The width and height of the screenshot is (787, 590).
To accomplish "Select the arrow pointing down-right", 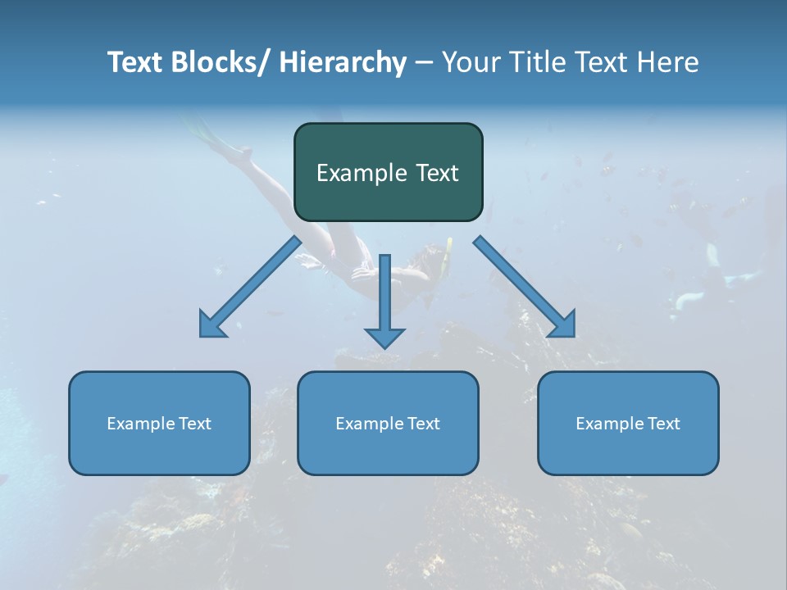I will (x=525, y=288).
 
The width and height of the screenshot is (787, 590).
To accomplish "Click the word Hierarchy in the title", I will (x=342, y=62).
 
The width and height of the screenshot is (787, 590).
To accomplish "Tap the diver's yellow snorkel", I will (x=448, y=256).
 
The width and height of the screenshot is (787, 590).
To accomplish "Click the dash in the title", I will (x=424, y=63).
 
